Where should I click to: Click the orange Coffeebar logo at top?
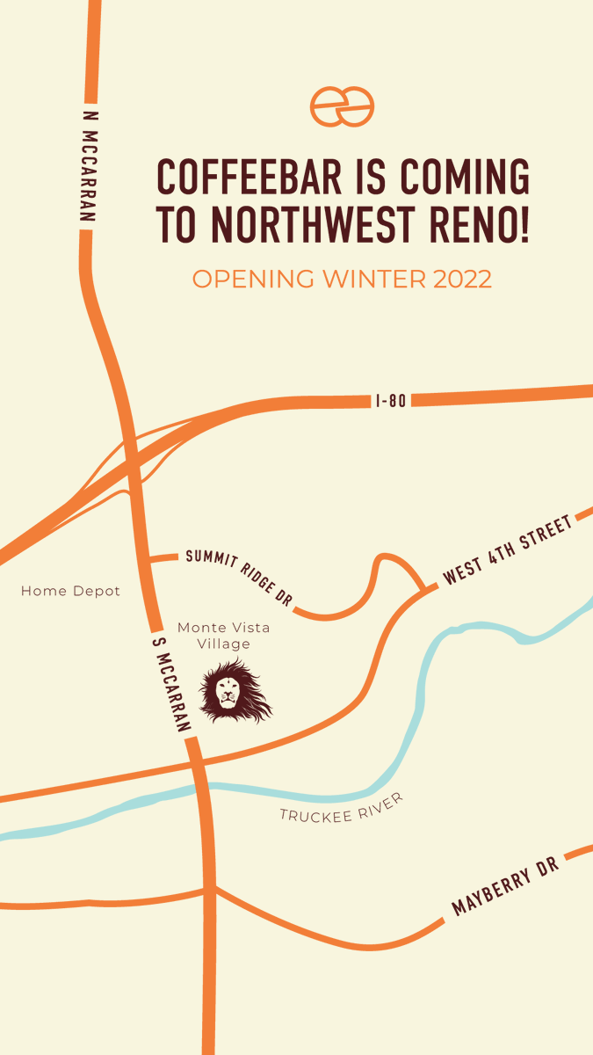pos(342,106)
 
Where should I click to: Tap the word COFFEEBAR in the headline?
pos(248,178)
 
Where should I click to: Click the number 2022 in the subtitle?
pos(462,279)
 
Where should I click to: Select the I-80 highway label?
pos(391,401)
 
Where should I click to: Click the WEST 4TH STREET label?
pos(508,550)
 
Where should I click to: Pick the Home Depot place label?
pos(70,592)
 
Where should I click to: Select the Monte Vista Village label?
pos(223,636)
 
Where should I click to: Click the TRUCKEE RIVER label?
pos(341,808)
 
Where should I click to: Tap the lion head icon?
pos(232,690)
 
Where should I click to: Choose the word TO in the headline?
pos(178,225)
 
